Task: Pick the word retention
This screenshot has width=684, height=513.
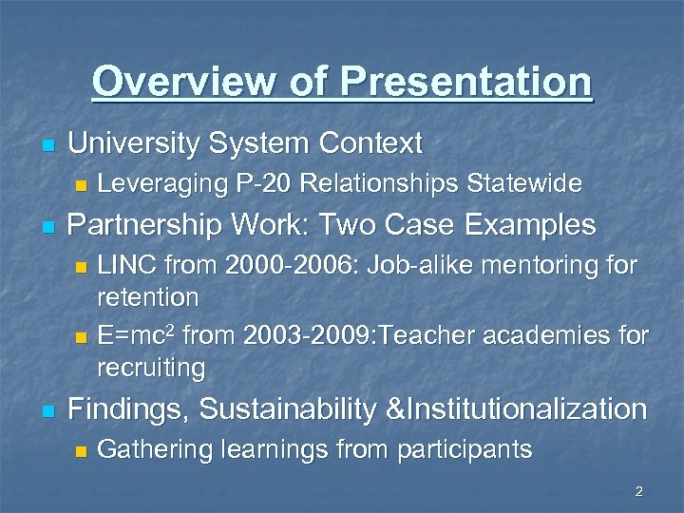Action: pos(148,297)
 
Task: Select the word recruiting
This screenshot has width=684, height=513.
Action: pos(152,367)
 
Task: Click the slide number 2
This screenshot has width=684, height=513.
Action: pos(638,491)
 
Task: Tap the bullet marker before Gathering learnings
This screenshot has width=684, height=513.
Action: pos(81,450)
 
